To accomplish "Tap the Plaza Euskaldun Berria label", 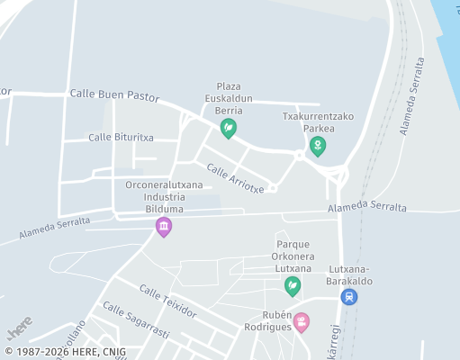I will (x=229, y=98).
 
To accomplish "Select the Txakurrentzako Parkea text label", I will (x=318, y=121).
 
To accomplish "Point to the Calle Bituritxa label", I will (x=121, y=137).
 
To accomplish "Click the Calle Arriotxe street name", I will (x=235, y=177).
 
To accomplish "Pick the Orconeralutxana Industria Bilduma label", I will (x=164, y=196).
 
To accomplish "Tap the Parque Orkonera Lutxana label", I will (x=293, y=256).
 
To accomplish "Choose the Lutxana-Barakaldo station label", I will (x=351, y=274).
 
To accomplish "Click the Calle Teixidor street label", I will (x=168, y=300).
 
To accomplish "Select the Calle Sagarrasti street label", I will (x=136, y=320).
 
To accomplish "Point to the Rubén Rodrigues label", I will (x=268, y=320).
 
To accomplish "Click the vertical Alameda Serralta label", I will (x=412, y=97).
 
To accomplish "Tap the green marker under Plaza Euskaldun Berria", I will (x=229, y=129).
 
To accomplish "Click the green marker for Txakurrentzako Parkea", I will (x=317, y=146).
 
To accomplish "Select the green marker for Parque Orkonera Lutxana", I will (x=293, y=286).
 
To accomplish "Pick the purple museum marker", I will (x=163, y=226).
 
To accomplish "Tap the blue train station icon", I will (x=349, y=296).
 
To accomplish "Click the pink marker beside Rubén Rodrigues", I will (x=302, y=321).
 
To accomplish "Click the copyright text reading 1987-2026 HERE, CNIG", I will (x=64, y=352).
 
